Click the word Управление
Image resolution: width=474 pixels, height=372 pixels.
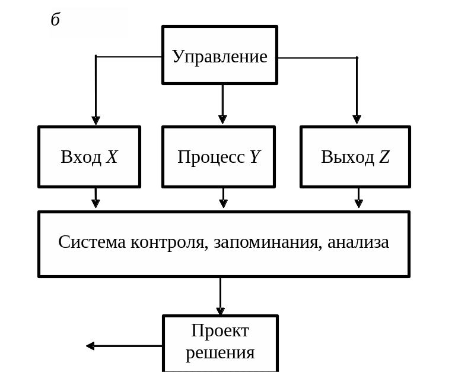[x=219, y=56]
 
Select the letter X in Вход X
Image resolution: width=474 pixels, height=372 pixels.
[x=112, y=157]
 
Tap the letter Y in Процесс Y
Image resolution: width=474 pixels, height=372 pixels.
[x=255, y=157]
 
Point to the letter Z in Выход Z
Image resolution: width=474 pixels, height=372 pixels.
[x=384, y=157]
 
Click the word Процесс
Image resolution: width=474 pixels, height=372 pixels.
[x=211, y=157]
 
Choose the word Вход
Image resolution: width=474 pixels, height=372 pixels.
[x=81, y=157]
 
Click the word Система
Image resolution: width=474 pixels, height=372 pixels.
[x=92, y=242]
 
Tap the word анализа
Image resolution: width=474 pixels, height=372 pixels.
[x=358, y=242]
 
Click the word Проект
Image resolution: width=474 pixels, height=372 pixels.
[x=220, y=330]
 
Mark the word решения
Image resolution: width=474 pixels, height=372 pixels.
[x=220, y=352]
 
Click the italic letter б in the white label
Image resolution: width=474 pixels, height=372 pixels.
[x=55, y=20]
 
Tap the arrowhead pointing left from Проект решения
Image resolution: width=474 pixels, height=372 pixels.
[x=90, y=346]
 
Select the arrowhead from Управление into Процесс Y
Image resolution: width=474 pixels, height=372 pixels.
[x=222, y=119]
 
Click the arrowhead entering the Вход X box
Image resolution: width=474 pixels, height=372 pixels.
[x=96, y=120]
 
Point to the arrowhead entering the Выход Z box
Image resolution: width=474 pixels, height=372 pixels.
[x=357, y=119]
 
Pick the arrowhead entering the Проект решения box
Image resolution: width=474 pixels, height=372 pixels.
[x=220, y=311]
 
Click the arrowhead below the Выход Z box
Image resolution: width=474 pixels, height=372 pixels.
[x=358, y=204]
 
